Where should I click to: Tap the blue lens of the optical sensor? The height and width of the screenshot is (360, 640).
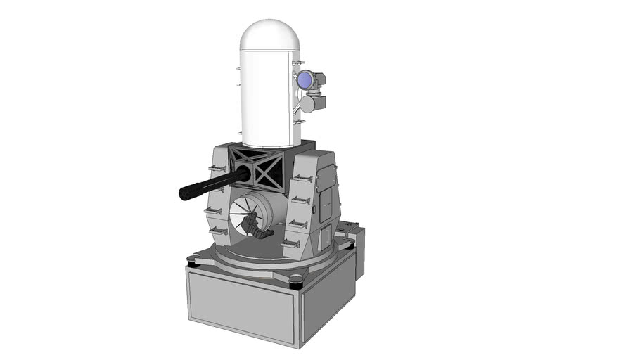tap(304, 81)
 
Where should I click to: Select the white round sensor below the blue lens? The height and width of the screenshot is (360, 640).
tap(307, 104)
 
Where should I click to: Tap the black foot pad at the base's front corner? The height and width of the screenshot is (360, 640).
tap(296, 282)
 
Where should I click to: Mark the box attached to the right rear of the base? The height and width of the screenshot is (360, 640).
tap(357, 250)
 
